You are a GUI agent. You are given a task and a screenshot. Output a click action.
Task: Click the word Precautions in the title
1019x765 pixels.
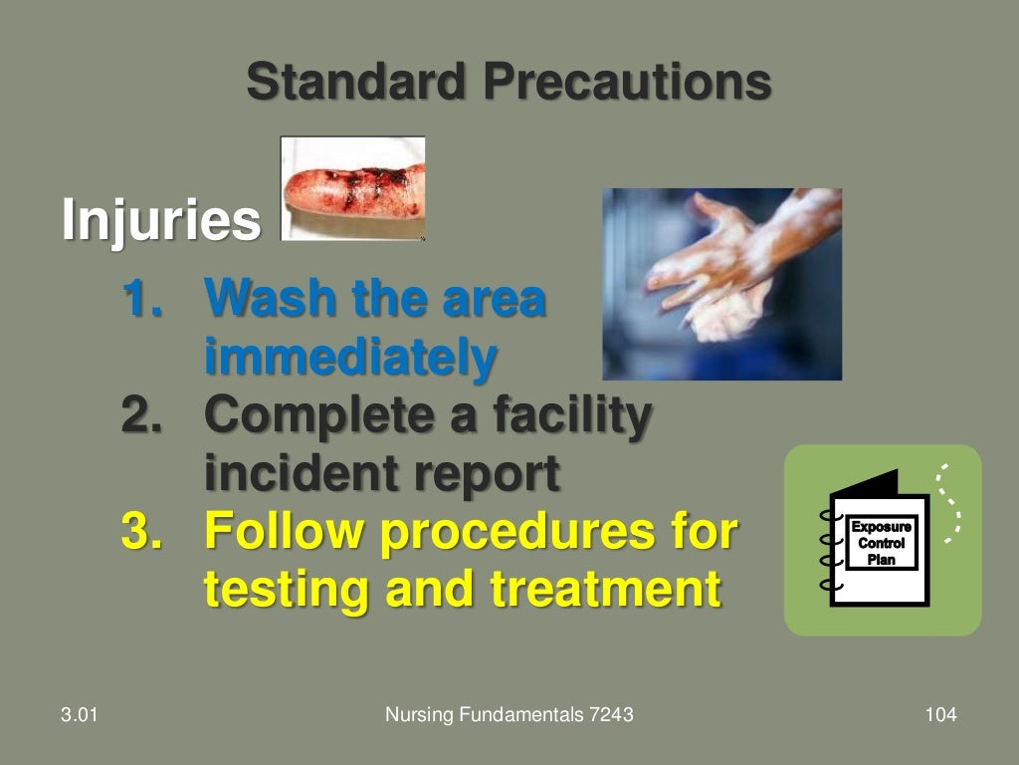click(x=626, y=82)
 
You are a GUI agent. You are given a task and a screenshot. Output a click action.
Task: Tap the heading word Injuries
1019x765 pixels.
click(x=160, y=220)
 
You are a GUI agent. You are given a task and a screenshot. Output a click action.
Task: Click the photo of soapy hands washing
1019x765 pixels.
click(x=721, y=284)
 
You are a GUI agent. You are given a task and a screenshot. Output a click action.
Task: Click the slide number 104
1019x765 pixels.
click(x=939, y=714)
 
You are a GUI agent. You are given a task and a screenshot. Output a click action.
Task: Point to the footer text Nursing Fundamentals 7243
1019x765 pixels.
click(x=509, y=714)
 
